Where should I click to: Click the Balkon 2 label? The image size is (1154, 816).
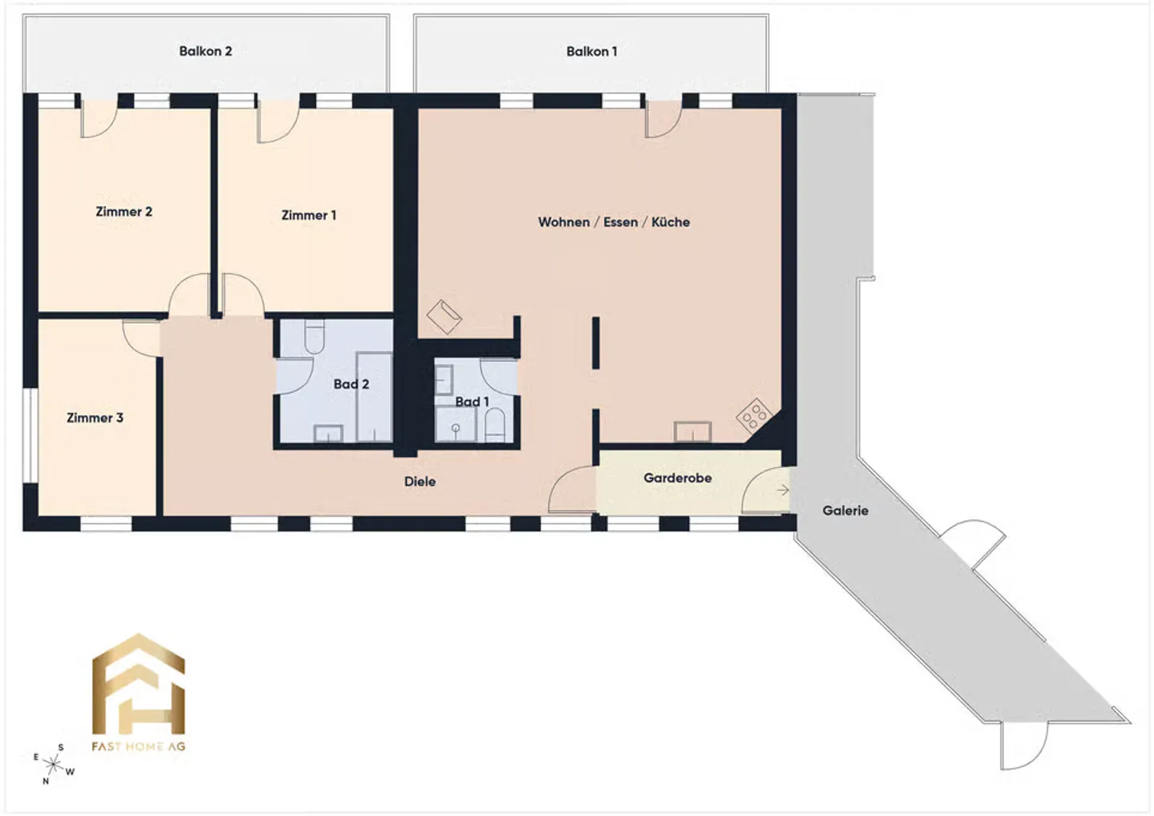coord(205,51)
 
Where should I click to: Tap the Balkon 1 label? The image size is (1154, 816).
coord(591,51)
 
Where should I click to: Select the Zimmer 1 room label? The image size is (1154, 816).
coord(309,216)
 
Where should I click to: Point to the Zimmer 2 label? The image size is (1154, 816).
coord(123,212)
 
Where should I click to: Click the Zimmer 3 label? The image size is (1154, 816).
coord(95,418)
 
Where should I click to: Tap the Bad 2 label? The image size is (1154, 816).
coord(351,384)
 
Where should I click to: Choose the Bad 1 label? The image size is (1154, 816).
coord(472,402)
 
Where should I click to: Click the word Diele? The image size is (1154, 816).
coord(420,482)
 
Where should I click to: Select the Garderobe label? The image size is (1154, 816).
coord(677,478)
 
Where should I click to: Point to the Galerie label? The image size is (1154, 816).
coord(845,511)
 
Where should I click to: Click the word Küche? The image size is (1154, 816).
coord(670,222)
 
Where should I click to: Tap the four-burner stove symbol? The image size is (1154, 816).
coord(753,414)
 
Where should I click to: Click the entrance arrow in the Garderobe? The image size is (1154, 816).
coord(782,490)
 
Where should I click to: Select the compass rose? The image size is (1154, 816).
coord(53,765)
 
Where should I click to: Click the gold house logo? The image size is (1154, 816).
coord(138,684)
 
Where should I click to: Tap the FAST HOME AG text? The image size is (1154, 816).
coord(138,746)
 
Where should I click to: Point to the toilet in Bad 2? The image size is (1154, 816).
coord(314,336)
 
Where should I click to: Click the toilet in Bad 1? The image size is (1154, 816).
coord(494,426)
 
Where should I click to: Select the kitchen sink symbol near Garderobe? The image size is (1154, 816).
coord(693,432)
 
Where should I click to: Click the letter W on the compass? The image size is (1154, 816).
coord(70,772)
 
